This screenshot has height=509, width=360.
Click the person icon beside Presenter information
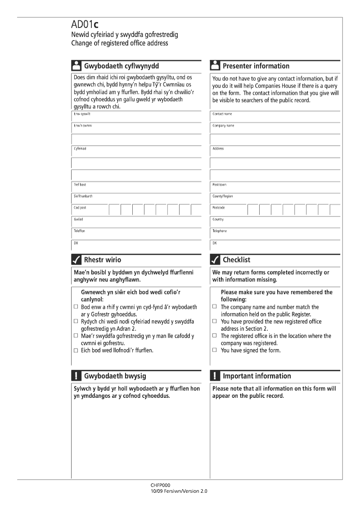pyautogui.click(x=215, y=66)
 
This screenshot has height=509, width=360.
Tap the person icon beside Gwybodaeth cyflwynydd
pyautogui.click(x=76, y=66)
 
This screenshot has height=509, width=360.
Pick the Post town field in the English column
pyautogui.click(x=275, y=188)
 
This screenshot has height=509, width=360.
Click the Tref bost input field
pyautogui.click(x=137, y=188)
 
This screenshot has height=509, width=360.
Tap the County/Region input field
pyautogui.click(x=275, y=199)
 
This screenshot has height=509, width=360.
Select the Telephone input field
pyautogui.click(x=275, y=234)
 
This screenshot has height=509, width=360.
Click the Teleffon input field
pyautogui.click(x=137, y=234)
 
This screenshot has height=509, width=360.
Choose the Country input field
pyautogui.click(x=275, y=222)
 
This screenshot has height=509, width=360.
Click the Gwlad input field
pyautogui.click(x=137, y=222)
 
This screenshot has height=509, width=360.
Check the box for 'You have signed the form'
pyautogui.click(x=215, y=350)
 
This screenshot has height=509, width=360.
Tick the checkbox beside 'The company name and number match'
pyautogui.click(x=215, y=307)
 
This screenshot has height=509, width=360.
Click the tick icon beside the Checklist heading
pyautogui.click(x=215, y=260)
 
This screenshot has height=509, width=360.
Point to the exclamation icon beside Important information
pyautogui.click(x=215, y=376)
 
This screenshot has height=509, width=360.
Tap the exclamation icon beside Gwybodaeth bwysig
pyautogui.click(x=76, y=376)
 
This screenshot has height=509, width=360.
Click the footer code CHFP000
pyautogui.click(x=161, y=486)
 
